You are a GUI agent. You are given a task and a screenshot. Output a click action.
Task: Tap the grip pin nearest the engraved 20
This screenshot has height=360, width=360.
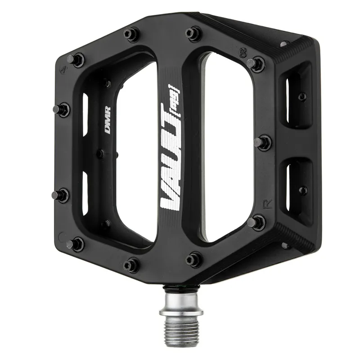tap(256, 63)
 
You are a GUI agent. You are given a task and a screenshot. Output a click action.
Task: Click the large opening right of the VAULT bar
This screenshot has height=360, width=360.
tap(227, 148)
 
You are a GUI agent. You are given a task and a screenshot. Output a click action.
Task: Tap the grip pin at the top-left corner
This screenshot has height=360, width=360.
tap(76, 59)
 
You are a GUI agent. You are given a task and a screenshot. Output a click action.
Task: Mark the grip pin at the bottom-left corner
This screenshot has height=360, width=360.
tap(75, 244)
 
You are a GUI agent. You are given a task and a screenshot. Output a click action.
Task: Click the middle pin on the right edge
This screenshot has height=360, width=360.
tap(263, 143)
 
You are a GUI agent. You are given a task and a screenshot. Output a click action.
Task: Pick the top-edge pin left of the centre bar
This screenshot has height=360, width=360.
tap(131, 34)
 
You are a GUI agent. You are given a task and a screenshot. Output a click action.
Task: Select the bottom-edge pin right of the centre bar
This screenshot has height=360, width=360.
tap(193, 259)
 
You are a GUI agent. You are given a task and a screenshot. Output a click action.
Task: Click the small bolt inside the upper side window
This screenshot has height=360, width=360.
tap(302, 96)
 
